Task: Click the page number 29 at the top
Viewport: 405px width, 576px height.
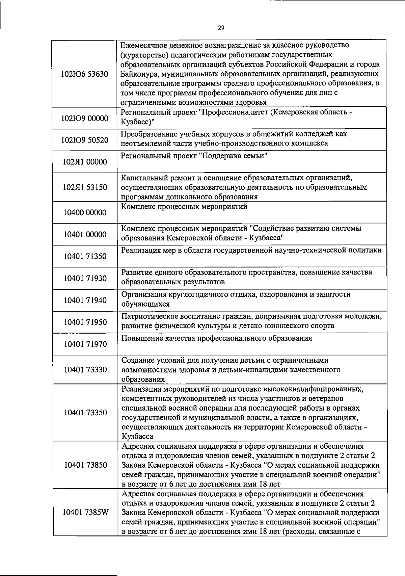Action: tap(221, 28)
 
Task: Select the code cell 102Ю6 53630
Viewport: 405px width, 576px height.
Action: tap(85, 74)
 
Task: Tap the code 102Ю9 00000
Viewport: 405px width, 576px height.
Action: tap(85, 119)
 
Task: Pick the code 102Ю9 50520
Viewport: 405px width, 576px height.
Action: tap(85, 140)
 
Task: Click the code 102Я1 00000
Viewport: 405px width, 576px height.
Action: tap(85, 162)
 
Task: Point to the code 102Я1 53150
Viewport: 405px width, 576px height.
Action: tap(85, 187)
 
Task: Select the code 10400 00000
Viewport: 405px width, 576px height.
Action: tap(85, 212)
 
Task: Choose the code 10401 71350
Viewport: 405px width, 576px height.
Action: tap(85, 256)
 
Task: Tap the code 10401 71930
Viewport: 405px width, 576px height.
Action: tap(85, 278)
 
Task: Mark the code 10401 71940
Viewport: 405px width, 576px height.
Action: tap(85, 300)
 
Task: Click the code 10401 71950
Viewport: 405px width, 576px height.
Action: tap(85, 322)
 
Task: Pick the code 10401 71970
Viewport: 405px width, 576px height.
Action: tap(85, 344)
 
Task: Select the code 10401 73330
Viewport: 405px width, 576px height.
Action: tap(85, 369)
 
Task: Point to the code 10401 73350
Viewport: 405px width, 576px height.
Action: tap(85, 412)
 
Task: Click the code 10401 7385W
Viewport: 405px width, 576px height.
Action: tap(85, 512)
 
